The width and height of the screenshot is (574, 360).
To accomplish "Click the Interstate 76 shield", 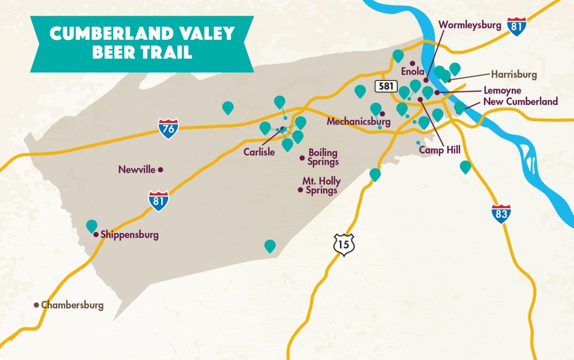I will point(169,128).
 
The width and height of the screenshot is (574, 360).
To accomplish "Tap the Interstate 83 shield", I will point(501,214).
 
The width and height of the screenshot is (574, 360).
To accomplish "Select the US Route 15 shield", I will point(343,245).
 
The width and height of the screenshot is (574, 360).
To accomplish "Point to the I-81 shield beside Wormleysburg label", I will point(517,27).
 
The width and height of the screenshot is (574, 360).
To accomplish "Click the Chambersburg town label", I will point(72,305).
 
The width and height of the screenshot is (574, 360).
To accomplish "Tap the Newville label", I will point(137,169).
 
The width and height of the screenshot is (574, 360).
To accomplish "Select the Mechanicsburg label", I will point(358,122).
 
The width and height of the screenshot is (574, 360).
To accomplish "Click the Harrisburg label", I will point(514,75).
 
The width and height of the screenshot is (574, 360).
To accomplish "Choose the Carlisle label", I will point(259,152).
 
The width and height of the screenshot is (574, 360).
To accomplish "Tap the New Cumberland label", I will point(520,101).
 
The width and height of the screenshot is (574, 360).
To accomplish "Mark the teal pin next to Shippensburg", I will point(91,225).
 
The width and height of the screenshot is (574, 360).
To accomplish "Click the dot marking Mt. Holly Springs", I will point(300,190).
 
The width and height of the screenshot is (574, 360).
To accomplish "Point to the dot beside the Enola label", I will point(412,63).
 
